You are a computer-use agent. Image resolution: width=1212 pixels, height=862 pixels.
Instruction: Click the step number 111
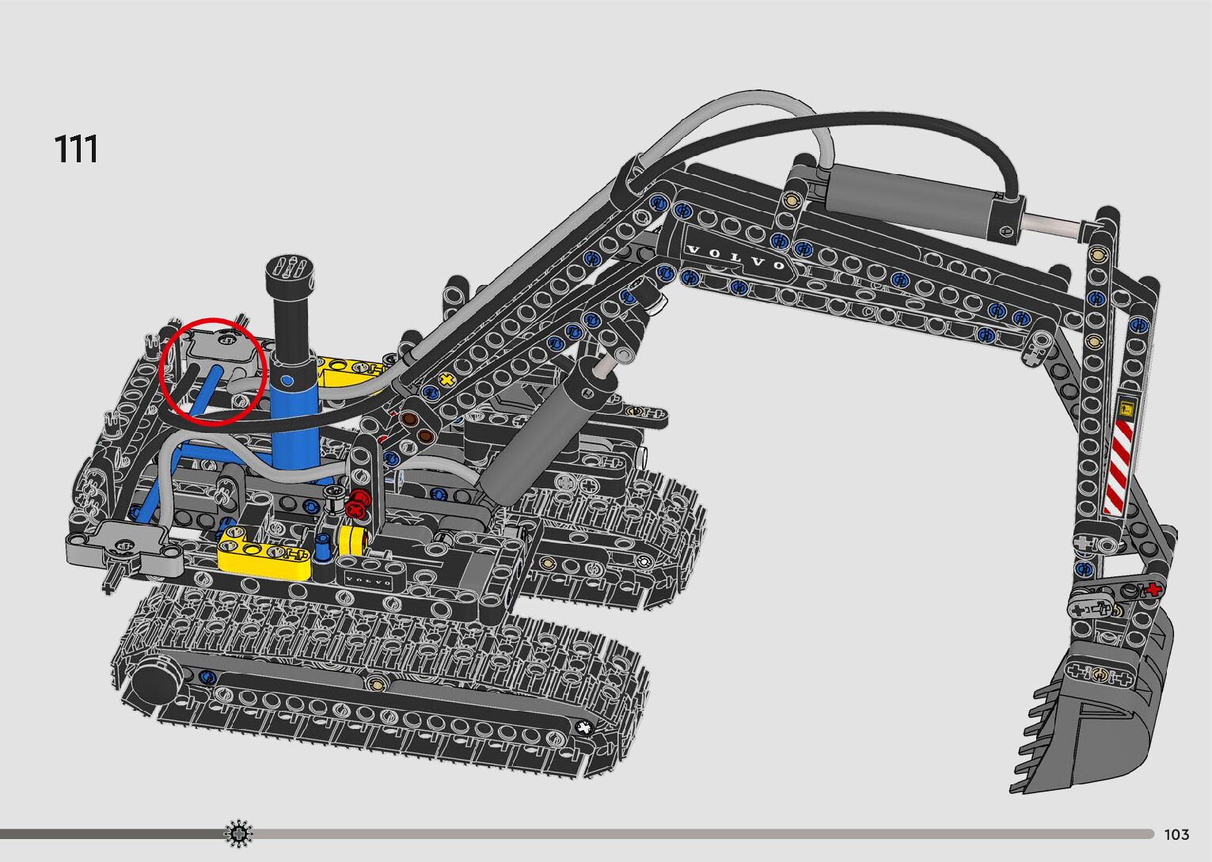coord(76,149)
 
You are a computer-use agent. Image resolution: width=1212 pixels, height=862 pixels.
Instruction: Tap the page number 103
coord(1176,834)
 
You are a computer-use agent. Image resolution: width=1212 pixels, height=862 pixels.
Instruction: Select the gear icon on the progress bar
coord(238,834)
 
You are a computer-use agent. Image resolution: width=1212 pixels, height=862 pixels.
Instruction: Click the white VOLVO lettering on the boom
coord(736,257)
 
